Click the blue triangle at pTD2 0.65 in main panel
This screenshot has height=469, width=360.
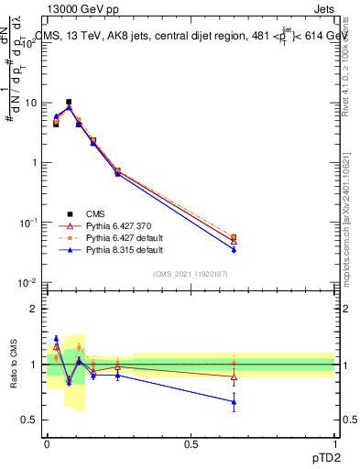[x=234, y=249]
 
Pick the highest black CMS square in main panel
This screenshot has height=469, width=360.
[x=69, y=102]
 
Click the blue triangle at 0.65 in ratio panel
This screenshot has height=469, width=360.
[x=234, y=401]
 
